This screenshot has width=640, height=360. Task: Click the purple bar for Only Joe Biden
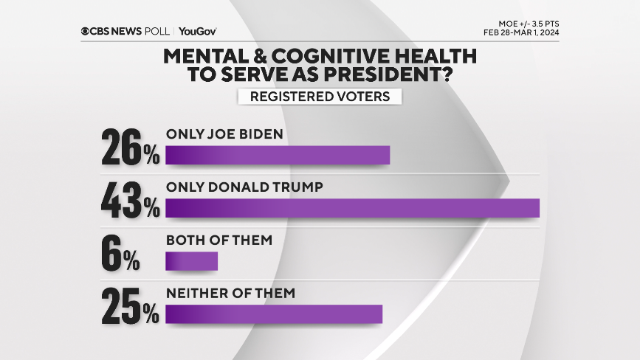tap(277, 155)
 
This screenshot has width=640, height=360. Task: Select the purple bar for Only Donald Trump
tap(352, 208)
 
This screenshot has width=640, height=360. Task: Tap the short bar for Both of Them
tap(191, 261)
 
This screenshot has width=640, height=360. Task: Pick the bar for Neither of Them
tap(274, 314)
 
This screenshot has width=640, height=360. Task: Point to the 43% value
tap(131, 201)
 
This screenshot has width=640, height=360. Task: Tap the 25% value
tap(131, 307)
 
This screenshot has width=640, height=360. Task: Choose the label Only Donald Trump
tap(244, 187)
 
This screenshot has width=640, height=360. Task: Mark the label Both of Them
tap(219, 240)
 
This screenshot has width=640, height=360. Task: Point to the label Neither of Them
tap(230, 293)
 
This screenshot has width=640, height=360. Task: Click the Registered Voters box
tap(320, 96)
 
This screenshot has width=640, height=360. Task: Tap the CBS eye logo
tap(86, 31)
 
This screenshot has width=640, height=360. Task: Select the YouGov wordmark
tap(197, 31)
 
